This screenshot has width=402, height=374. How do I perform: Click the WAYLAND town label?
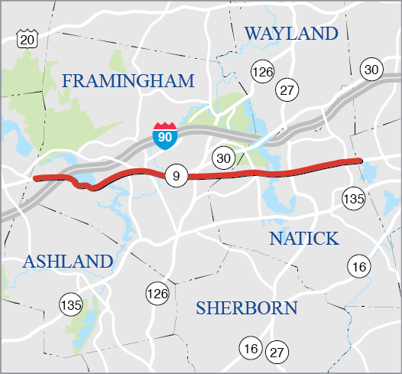(x=290, y=34)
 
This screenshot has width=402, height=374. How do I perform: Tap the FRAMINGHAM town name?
(x=128, y=81)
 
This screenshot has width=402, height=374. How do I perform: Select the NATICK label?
(x=304, y=239)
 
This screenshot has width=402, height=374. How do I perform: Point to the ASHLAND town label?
(x=67, y=262)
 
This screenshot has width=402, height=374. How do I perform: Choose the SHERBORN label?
(x=246, y=308)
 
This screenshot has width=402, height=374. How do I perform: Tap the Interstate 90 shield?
(x=162, y=135)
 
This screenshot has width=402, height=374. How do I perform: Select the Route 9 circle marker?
(x=176, y=177)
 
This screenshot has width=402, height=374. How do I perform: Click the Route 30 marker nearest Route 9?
(x=223, y=158)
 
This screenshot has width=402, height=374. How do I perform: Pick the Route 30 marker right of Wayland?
(x=371, y=70)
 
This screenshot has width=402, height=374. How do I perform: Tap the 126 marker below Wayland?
(x=262, y=72)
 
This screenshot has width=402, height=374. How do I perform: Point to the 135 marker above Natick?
(x=353, y=197)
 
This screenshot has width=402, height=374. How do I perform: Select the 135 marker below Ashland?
(x=70, y=304)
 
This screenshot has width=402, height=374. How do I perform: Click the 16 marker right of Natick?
(x=358, y=266)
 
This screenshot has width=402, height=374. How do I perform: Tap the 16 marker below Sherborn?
(x=250, y=348)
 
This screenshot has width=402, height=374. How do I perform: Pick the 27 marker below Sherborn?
(x=276, y=353)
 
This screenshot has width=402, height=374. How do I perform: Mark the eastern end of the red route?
(x=358, y=161)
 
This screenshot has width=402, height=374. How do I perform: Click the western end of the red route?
(x=36, y=178)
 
